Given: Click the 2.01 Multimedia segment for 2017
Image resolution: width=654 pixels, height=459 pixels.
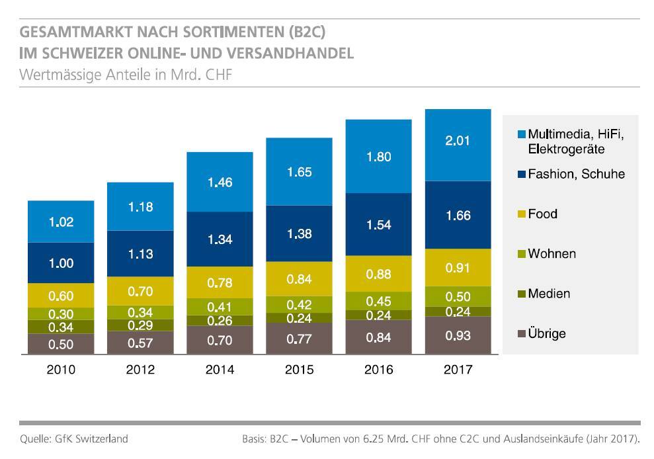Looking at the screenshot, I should tap(458, 145).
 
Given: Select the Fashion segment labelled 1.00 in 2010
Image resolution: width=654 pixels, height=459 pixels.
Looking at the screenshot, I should tap(61, 263).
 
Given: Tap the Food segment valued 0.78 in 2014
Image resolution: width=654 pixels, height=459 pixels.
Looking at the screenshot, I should tap(220, 282).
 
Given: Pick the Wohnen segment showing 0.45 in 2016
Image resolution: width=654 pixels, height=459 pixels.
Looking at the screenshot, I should tap(378, 301).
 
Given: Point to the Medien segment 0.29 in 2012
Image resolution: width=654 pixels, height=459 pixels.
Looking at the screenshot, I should tap(140, 325).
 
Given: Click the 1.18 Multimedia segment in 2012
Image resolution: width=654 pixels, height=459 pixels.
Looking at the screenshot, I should tap(140, 206).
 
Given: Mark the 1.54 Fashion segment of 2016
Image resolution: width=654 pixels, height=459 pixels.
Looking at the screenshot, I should tap(378, 225).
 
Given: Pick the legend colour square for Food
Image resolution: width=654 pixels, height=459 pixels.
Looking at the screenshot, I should tap(522, 214).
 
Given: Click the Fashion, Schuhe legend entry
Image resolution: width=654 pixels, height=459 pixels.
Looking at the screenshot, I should tap(576, 174).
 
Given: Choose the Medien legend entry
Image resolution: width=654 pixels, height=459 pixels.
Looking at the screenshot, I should tap(548, 294).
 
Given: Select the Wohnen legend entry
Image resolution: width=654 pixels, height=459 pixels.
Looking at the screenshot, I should tap(552, 254).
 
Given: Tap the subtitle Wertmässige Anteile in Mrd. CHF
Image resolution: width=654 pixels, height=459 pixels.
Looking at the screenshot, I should tap(126, 74).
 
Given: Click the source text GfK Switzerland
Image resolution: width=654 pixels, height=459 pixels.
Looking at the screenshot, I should tap(92, 438).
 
